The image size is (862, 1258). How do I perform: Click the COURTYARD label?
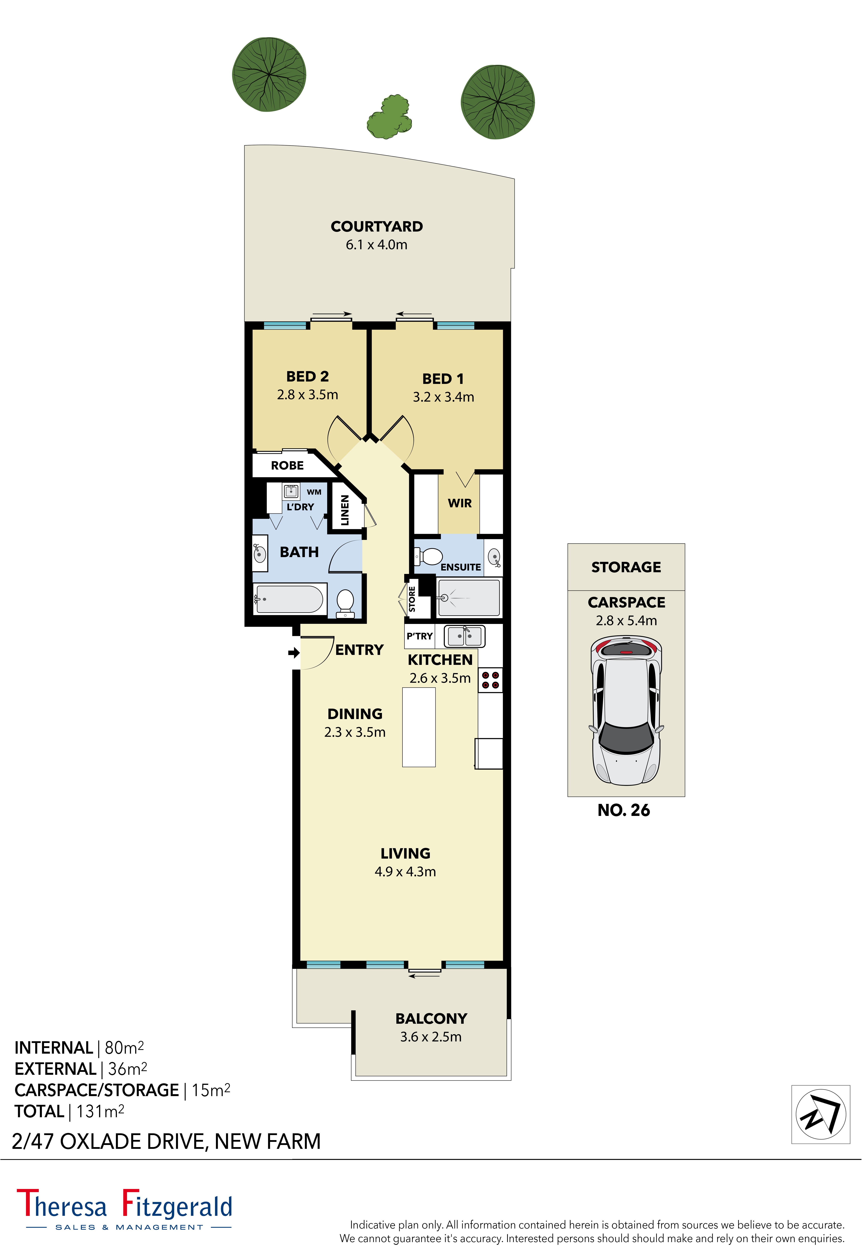(x=377, y=226)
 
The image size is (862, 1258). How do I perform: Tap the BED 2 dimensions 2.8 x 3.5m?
(x=307, y=395)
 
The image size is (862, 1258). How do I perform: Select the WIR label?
(x=459, y=503)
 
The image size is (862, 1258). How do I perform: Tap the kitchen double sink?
(x=464, y=636)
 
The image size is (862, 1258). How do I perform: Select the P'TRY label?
(x=419, y=636)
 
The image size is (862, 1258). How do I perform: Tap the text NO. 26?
(x=623, y=810)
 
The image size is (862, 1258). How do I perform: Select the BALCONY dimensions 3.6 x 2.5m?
(x=431, y=1037)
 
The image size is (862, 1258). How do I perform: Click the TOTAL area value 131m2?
(x=100, y=1111)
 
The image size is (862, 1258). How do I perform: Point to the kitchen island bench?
(x=419, y=727)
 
